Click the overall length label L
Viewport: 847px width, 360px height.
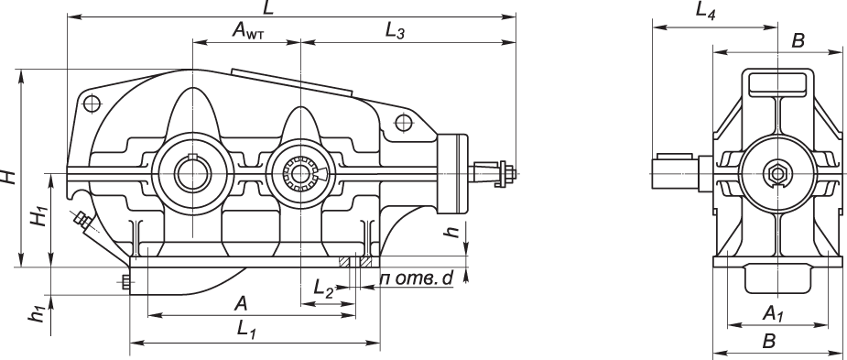point(268,7)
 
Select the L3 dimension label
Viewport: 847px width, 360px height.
point(395,31)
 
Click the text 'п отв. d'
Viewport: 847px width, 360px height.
point(417,278)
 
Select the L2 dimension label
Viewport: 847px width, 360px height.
point(324,287)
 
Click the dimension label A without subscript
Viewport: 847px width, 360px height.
point(241,304)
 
